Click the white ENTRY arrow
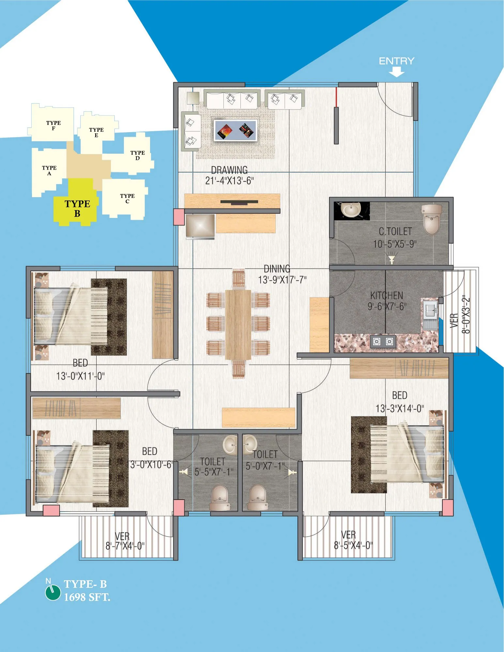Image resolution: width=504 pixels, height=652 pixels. [396, 72]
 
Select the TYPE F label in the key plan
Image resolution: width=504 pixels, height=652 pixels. [53, 126]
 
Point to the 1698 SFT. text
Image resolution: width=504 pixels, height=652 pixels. [87, 597]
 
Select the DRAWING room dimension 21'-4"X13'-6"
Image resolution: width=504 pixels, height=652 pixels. [229, 181]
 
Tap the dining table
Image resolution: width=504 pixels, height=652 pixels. [238, 324]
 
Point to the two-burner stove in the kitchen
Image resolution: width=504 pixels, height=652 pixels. [383, 341]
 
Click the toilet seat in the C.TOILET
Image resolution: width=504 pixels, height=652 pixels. [432, 219]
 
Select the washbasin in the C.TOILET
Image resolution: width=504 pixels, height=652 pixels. [351, 210]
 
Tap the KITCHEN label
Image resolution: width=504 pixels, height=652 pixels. [387, 296]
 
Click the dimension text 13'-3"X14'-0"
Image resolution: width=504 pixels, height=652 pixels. [400, 408]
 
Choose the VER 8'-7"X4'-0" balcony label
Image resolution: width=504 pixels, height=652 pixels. [125, 541]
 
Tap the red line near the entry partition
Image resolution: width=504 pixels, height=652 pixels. [336, 97]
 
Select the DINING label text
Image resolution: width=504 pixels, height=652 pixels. [277, 269]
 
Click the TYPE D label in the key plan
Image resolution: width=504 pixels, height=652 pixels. [137, 156]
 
